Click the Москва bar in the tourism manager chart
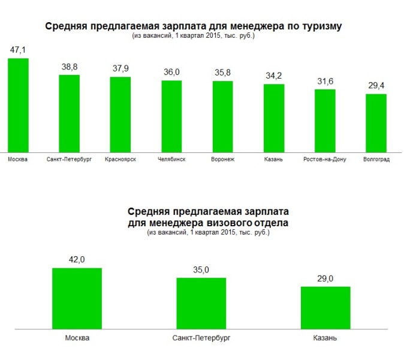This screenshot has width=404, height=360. [18, 105]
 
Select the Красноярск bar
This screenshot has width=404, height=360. [120, 114]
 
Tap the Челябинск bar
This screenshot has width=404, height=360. [171, 116]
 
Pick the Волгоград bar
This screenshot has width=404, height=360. [376, 122]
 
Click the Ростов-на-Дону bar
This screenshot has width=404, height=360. [325, 120]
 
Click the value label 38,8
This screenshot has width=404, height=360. [69, 67]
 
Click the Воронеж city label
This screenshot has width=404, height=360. [222, 160]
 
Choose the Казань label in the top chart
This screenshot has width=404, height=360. [274, 160]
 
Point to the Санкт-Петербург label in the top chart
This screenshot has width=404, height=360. [69, 160]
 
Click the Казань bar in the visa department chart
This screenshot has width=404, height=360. [325, 308]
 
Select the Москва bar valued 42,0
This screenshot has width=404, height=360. [77, 298]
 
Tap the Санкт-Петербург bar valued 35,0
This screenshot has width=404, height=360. [201, 303]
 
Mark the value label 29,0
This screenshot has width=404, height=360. [325, 279]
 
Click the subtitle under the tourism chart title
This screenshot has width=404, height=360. [193, 36]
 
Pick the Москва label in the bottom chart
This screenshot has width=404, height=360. [77, 338]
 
